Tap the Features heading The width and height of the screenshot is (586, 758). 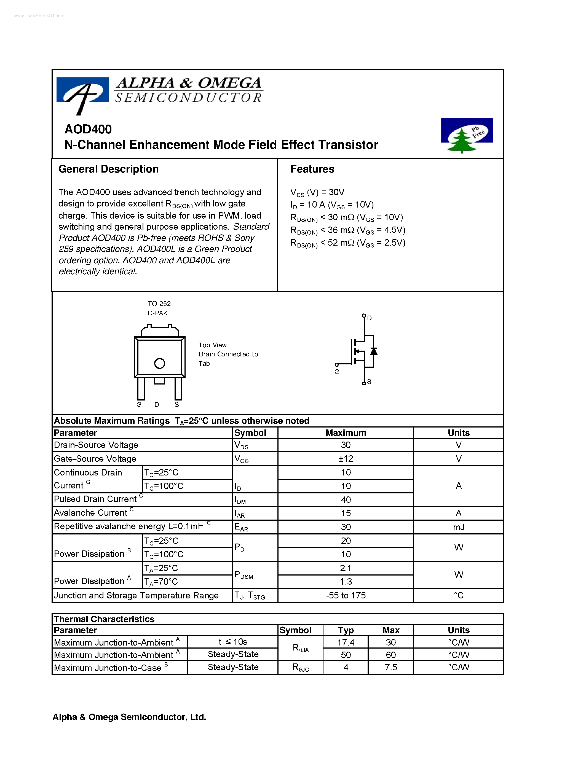[312, 169]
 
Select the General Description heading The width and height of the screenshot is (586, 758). [108, 169]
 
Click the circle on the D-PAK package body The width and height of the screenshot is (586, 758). [159, 363]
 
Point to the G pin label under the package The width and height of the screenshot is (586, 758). [139, 405]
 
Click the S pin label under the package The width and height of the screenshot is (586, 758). [177, 405]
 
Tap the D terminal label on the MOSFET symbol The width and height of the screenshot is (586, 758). [369, 318]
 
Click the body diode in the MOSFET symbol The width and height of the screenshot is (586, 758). [374, 351]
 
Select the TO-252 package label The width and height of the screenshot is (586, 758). [159, 304]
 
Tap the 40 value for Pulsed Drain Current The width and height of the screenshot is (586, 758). [346, 500]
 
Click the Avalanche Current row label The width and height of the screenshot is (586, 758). [91, 513]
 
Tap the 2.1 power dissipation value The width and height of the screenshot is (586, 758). [346, 568]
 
